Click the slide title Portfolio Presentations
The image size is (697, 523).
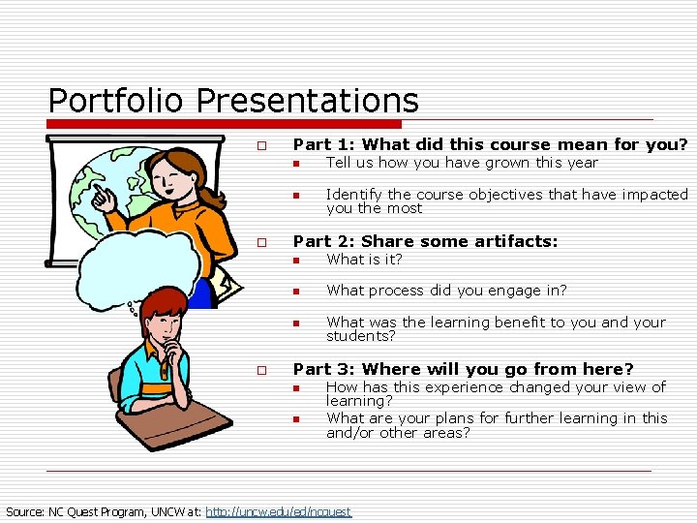(x=233, y=100)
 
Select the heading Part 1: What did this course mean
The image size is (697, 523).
(x=490, y=144)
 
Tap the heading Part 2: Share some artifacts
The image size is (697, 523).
(x=425, y=241)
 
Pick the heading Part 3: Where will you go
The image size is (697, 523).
(x=463, y=369)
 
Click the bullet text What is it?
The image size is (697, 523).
(x=364, y=260)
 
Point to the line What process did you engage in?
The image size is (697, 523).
(x=446, y=291)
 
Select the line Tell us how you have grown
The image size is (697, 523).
(x=462, y=163)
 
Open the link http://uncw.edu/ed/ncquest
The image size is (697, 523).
(x=279, y=511)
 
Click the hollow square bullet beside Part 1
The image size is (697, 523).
(x=260, y=146)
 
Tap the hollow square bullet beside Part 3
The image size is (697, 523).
(x=260, y=371)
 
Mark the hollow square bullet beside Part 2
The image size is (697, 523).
(x=260, y=243)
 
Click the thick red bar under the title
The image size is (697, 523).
(x=225, y=124)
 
